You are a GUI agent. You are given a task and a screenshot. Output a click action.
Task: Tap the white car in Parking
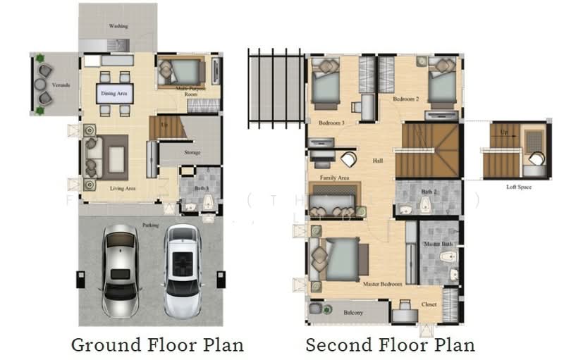click(183, 270)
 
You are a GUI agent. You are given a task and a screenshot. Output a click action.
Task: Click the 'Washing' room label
click(118, 26)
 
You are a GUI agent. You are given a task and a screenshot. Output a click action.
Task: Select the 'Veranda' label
click(61, 85)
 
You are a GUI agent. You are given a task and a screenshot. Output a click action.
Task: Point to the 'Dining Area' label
click(114, 92)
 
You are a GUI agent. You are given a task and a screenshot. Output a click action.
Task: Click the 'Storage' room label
click(192, 152)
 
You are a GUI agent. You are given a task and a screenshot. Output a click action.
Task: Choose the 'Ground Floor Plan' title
click(157, 345)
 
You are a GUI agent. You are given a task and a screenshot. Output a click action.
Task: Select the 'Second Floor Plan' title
click(390, 345)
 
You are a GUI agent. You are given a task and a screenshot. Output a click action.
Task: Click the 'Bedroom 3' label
click(331, 123)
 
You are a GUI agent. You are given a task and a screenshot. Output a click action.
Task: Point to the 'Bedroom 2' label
click(406, 99)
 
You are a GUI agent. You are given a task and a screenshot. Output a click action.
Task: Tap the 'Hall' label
click(378, 161)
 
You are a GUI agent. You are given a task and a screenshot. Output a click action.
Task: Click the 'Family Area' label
click(335, 178)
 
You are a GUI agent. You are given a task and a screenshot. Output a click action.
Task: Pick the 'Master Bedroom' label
click(382, 284)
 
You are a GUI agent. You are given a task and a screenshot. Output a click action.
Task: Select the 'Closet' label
click(429, 304)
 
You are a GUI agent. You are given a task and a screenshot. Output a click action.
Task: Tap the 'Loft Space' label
click(519, 187)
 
